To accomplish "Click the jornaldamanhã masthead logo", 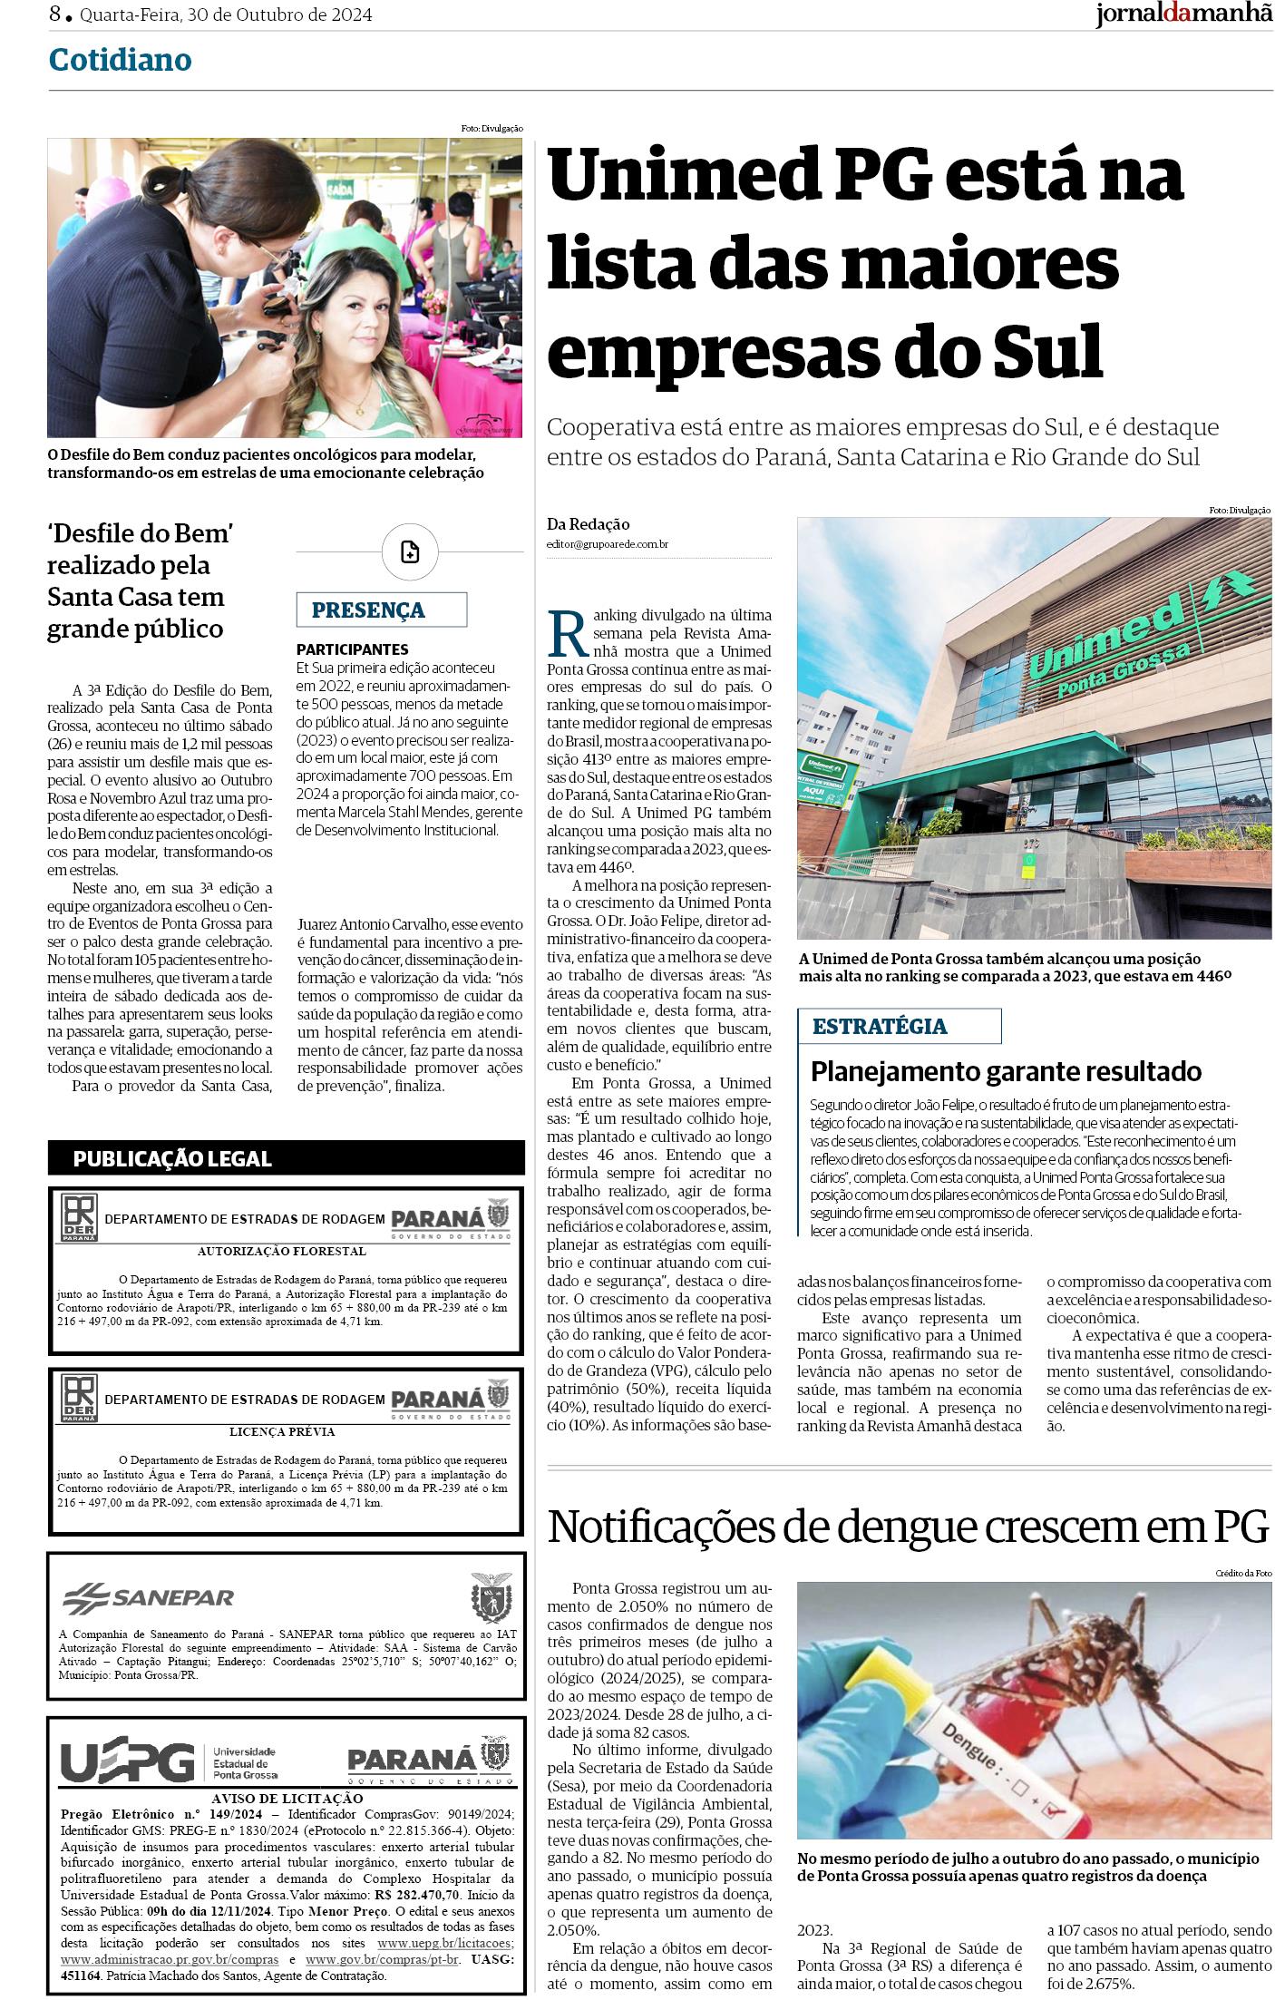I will (1183, 15).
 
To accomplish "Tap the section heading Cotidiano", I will (120, 60).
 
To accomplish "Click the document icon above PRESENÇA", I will (410, 551).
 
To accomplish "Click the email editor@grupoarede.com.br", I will (608, 544).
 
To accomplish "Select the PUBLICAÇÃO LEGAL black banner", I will (172, 1158).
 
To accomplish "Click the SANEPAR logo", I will (149, 1596).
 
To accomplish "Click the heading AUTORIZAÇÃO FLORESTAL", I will (282, 1251).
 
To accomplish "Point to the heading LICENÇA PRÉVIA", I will (282, 1431).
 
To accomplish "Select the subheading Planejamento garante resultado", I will (1006, 1071).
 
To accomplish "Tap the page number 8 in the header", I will (55, 15).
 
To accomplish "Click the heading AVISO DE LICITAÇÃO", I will (287, 1798).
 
